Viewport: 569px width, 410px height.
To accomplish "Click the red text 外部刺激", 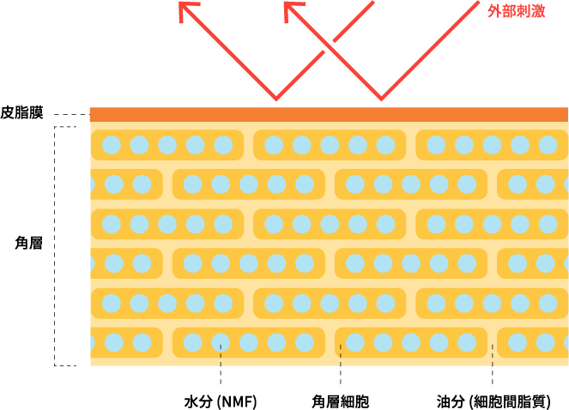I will tap(516, 11).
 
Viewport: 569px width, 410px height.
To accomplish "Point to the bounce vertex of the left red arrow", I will tap(276, 99).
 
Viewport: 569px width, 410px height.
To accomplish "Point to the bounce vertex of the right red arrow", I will tap(381, 99).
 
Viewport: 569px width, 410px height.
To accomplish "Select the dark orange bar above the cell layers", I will tap(329, 114).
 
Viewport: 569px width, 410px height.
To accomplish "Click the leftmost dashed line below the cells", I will tap(221, 355).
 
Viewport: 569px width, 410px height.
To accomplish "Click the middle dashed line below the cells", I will tap(341, 355).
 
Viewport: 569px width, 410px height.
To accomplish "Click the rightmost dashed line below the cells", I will tap(492, 355).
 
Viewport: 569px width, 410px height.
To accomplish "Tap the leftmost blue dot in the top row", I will tap(112, 145).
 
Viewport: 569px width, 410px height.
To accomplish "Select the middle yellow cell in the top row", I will tap(330, 145).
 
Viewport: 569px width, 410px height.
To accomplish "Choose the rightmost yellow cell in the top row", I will tap(492, 145).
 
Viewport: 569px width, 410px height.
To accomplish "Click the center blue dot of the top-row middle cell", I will tap(330, 145).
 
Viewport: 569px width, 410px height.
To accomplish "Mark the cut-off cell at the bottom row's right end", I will tap(533, 342).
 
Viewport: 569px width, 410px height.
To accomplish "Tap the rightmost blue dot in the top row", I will tap(548, 145).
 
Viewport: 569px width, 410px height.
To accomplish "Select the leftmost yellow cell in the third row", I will tap(167, 224).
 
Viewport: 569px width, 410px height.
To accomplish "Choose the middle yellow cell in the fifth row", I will tap(330, 303).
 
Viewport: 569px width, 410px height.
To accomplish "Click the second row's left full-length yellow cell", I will tap(249, 184).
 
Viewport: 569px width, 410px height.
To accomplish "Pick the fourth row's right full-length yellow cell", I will tap(411, 263).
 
